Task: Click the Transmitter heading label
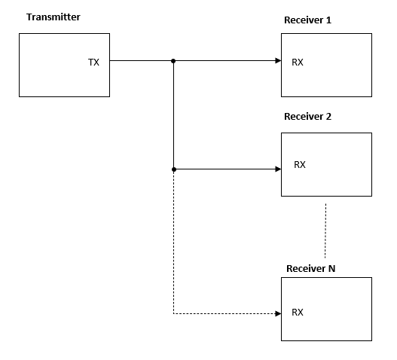click(53, 17)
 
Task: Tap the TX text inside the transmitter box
click(93, 63)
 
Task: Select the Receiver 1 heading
click(307, 20)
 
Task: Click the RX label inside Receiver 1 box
click(298, 63)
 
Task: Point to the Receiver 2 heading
click(307, 117)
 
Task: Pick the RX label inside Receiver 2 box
click(300, 165)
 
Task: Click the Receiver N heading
click(310, 268)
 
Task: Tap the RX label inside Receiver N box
click(298, 313)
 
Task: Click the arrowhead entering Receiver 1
click(278, 61)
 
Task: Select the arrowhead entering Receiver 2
click(278, 169)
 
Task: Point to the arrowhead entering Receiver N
click(278, 313)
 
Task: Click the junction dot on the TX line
click(173, 61)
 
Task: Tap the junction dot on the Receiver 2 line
click(174, 169)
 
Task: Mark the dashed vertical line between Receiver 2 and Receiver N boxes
click(325, 230)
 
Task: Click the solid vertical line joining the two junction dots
click(174, 115)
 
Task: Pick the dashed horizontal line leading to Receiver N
click(224, 313)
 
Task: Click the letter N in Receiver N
click(331, 268)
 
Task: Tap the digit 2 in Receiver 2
click(328, 117)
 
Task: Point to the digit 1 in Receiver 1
click(329, 20)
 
